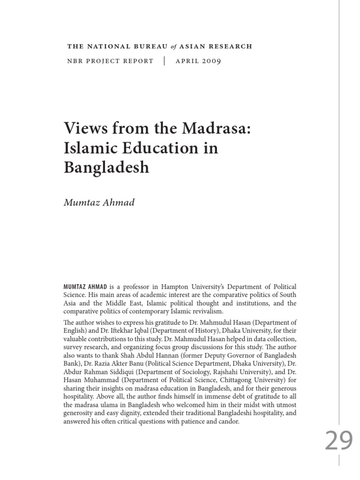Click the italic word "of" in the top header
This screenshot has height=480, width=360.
point(173,46)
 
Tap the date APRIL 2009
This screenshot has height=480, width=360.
point(199,61)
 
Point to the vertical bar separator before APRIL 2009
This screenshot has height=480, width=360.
point(165,61)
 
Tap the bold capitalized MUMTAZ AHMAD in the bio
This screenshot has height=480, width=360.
point(85,286)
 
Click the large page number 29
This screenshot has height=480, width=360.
point(339,441)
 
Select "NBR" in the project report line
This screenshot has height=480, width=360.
point(75,61)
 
